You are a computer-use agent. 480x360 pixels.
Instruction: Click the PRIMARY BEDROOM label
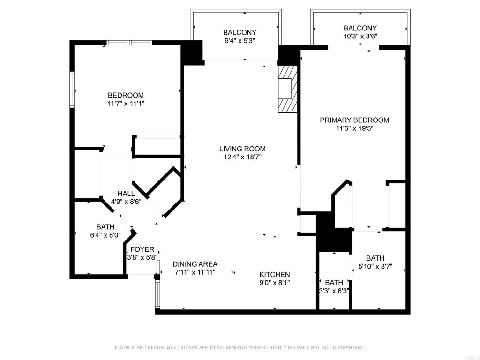[354, 120]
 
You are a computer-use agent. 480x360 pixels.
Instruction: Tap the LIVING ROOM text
[242, 149]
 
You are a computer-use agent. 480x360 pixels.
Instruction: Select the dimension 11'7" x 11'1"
[126, 104]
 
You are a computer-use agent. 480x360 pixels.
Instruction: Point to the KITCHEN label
[275, 275]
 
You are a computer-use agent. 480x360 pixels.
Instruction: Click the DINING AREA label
[195, 264]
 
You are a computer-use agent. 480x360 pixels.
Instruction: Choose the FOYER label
[142, 249]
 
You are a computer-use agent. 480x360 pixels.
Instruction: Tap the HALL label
[126, 194]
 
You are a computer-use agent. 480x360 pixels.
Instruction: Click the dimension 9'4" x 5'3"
[240, 41]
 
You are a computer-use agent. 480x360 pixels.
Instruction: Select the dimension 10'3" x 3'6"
[360, 36]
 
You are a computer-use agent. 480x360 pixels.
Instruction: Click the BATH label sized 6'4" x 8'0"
[105, 227]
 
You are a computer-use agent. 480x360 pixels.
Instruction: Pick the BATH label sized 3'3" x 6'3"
[334, 283]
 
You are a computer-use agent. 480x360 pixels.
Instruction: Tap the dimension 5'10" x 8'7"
[375, 266]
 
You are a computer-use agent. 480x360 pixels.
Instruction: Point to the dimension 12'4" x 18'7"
[242, 157]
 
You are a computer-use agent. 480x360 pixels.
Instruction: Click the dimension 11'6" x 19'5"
[354, 128]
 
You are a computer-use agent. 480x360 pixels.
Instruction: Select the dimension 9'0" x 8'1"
[275, 283]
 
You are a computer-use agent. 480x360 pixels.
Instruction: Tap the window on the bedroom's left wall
[72, 89]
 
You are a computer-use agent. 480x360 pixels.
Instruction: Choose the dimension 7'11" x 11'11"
[195, 272]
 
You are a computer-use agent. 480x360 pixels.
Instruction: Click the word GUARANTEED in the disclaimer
[348, 348]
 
